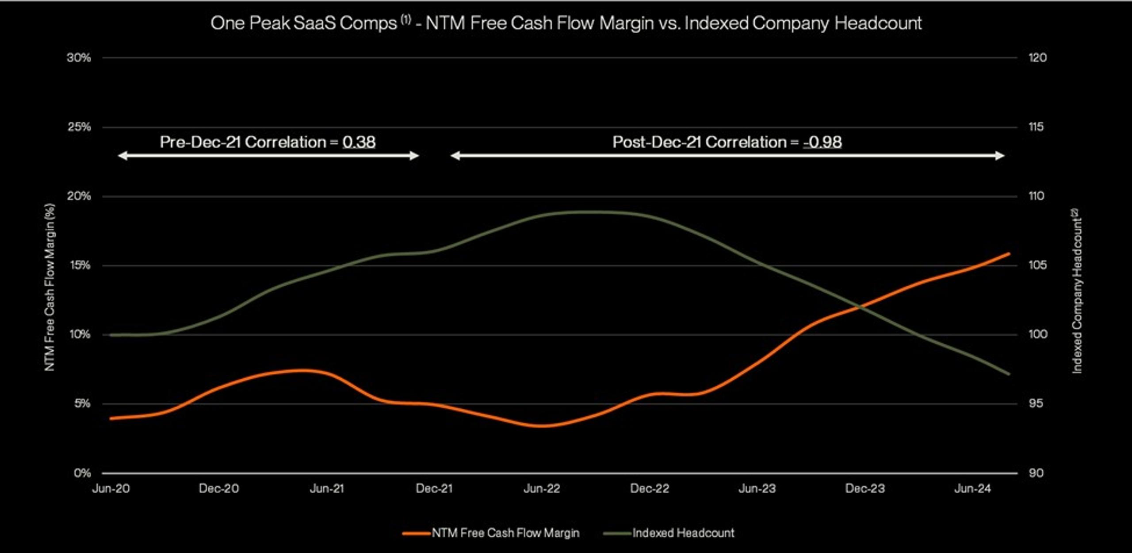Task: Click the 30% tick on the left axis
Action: pos(79,58)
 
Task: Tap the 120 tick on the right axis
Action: pos(1037,58)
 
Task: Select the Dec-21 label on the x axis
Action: pos(434,488)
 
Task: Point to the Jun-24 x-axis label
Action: pos(972,488)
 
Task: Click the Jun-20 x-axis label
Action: pos(111,488)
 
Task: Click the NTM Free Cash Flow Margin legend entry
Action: pos(505,533)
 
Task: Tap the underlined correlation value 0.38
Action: pos(359,142)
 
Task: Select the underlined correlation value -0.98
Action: pos(822,142)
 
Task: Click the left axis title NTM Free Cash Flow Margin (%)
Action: pos(50,288)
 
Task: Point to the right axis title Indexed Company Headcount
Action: pos(1077,292)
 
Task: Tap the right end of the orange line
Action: pos(1009,253)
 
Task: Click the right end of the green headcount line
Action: pos(1009,374)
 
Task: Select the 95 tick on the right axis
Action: pos(1036,403)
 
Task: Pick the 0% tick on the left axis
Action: pos(82,473)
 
